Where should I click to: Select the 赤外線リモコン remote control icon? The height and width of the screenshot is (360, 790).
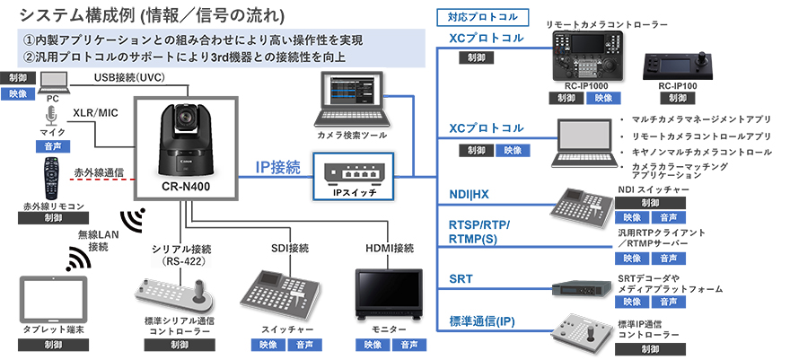click(x=52, y=180)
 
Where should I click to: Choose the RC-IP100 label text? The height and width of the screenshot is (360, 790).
click(x=678, y=85)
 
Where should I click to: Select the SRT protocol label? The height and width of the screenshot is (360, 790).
click(x=461, y=279)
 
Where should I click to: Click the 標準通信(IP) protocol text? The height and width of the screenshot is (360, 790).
click(x=482, y=321)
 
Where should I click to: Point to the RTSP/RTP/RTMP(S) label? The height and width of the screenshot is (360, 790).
click(x=478, y=230)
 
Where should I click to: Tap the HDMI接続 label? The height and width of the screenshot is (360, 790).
click(x=391, y=247)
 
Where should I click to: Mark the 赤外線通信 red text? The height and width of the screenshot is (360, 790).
click(x=99, y=171)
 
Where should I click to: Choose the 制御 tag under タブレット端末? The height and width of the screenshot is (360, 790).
click(x=53, y=345)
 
